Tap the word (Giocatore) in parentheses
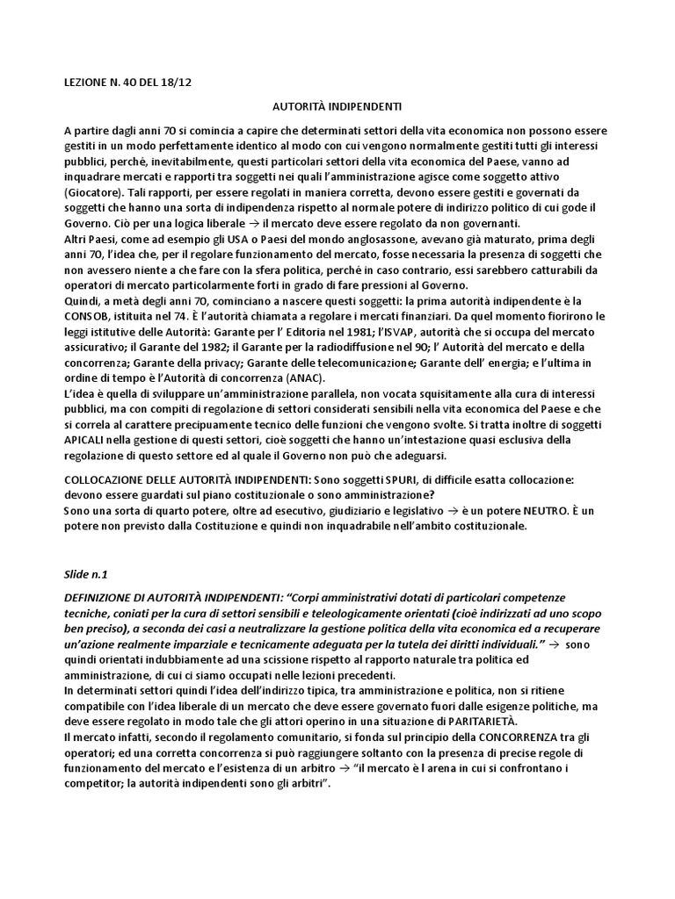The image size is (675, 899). click(x=93, y=191)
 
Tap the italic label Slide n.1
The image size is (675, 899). click(x=85, y=572)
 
